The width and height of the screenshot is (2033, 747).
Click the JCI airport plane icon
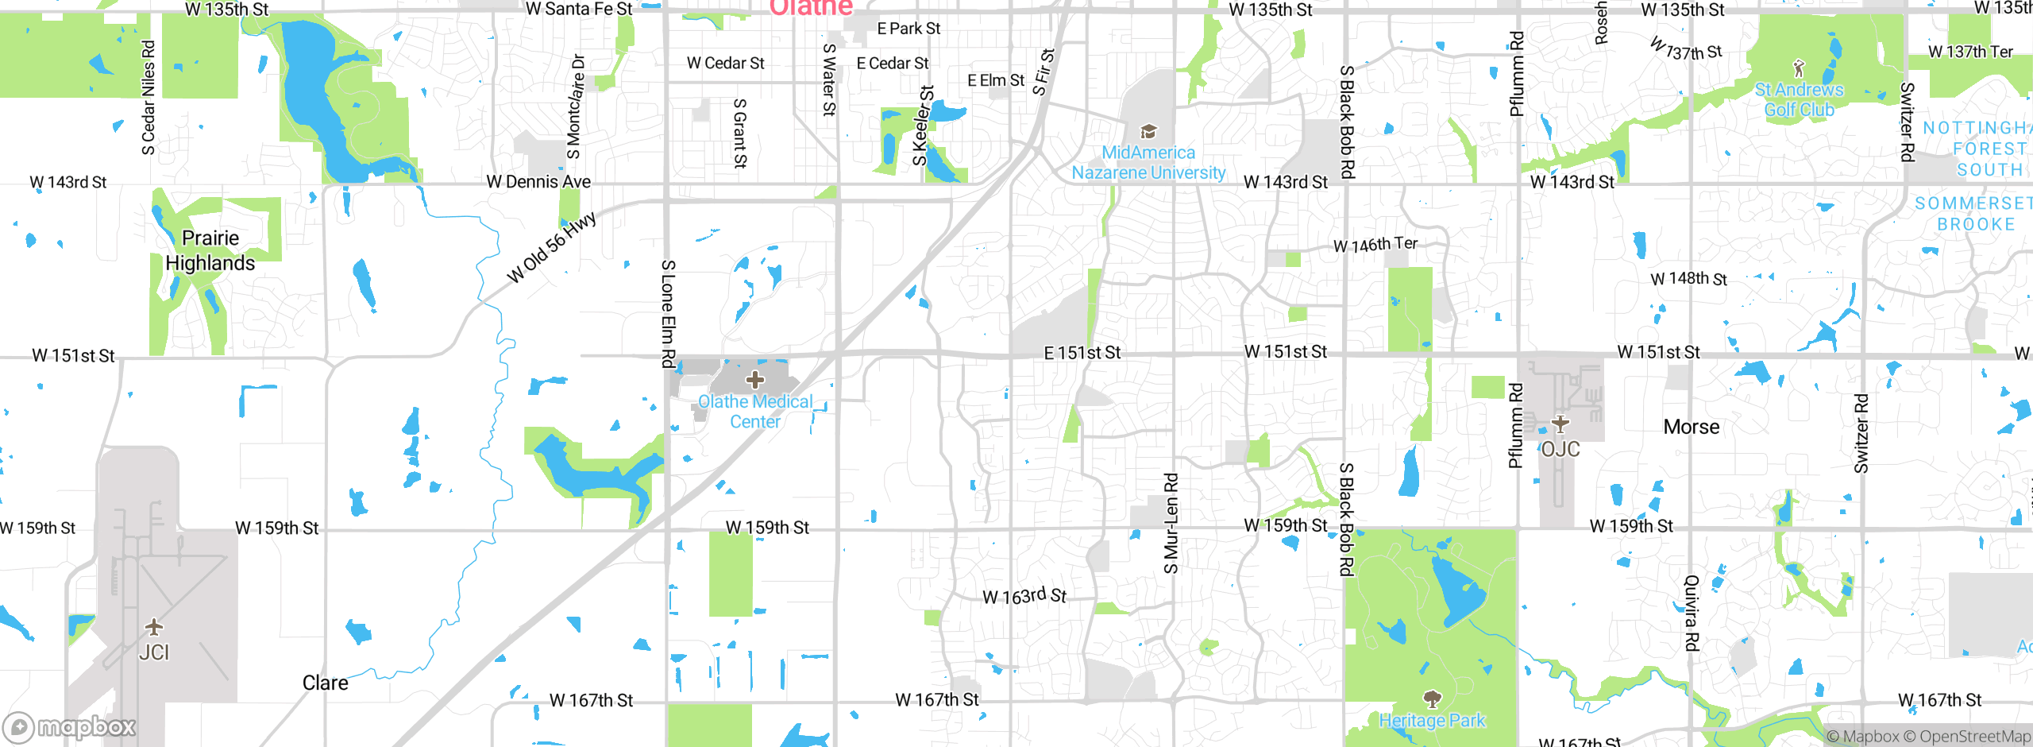154,627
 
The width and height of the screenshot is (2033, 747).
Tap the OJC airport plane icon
1560,424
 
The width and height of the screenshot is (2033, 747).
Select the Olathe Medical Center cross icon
755,379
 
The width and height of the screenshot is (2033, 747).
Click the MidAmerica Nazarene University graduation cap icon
1148,131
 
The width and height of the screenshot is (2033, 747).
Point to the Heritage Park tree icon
1432,699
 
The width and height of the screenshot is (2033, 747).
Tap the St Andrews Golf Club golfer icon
1799,69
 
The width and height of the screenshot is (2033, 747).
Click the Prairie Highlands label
210,250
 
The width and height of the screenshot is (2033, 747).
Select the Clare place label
325,683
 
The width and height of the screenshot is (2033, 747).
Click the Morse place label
1692,427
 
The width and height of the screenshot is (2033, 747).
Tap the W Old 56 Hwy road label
551,247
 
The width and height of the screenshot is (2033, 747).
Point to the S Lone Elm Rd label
669,313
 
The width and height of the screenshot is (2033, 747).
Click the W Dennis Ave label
538,182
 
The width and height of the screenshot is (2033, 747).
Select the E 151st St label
1082,352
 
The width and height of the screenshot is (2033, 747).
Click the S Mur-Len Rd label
1171,523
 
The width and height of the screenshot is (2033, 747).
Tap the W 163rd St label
1024,596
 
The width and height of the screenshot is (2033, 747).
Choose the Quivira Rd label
1692,613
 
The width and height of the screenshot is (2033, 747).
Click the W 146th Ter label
1375,245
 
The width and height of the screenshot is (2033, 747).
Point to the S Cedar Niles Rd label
149,98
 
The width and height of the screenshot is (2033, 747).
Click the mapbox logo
70,726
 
